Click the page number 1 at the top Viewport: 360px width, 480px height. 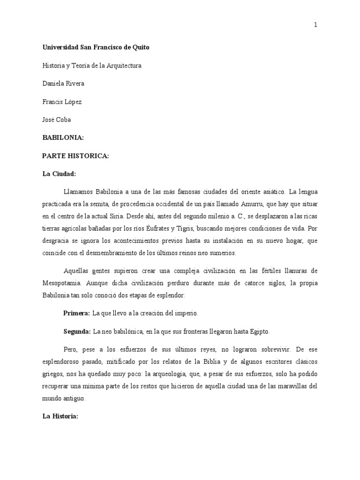coord(315,25)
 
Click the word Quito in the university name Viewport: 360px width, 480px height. coord(140,48)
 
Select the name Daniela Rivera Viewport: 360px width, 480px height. coord(64,83)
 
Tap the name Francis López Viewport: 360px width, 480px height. coord(62,102)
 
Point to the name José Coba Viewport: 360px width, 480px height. coord(57,120)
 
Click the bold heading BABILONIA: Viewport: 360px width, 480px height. coord(63,138)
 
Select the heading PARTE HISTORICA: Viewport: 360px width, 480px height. coord(75,156)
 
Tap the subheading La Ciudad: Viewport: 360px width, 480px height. coord(59,174)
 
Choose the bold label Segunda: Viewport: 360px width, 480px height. coord(77,331)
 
